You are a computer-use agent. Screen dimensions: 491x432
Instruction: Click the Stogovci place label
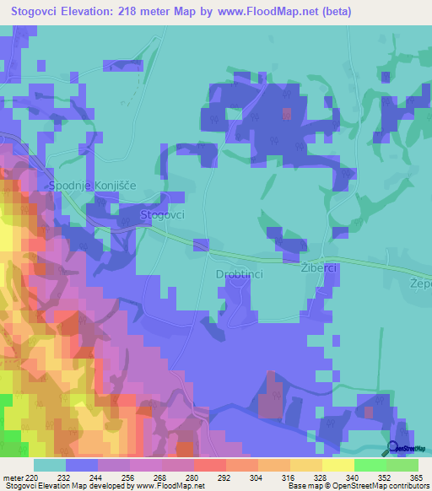163,215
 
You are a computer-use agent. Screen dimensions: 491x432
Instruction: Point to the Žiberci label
319,267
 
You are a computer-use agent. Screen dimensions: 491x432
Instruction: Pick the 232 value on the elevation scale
64,477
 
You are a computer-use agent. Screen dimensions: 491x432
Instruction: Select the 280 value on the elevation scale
192,477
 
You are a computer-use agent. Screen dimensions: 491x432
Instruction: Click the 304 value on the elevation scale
256,477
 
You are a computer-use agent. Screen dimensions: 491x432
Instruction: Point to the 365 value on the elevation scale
415,477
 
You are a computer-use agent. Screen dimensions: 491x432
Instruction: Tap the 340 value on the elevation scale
353,477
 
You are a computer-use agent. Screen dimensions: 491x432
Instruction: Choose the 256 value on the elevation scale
128,477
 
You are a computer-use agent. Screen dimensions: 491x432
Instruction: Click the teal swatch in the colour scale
49,464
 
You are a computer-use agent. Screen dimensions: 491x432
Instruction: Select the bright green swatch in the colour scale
370,464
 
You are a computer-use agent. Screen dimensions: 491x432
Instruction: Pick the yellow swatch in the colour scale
337,464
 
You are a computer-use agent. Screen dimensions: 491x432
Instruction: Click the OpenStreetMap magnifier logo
393,449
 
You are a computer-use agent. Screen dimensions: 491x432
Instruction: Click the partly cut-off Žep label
419,282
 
